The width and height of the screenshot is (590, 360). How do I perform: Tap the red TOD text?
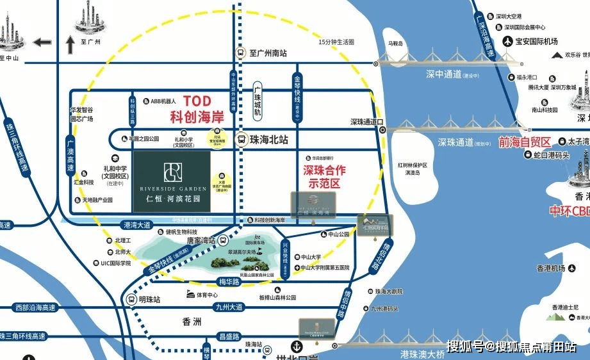click(197, 101)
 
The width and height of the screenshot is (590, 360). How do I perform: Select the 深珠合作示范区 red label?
click(324, 176)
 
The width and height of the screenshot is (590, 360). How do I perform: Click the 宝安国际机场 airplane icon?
click(509, 43)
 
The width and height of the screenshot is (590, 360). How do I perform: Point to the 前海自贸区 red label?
click(525, 142)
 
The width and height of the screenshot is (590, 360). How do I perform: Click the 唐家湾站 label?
click(198, 240)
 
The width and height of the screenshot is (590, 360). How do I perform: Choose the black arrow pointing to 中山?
click(42, 42)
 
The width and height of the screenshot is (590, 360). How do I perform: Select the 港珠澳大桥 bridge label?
click(423, 354)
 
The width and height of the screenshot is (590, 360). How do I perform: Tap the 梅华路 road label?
click(229, 281)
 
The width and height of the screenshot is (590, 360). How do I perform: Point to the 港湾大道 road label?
click(136, 225)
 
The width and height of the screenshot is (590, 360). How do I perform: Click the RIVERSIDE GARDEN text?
click(171, 189)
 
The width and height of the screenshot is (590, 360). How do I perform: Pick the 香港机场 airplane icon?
click(562, 268)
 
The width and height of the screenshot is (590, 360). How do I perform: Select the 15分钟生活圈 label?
click(336, 42)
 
